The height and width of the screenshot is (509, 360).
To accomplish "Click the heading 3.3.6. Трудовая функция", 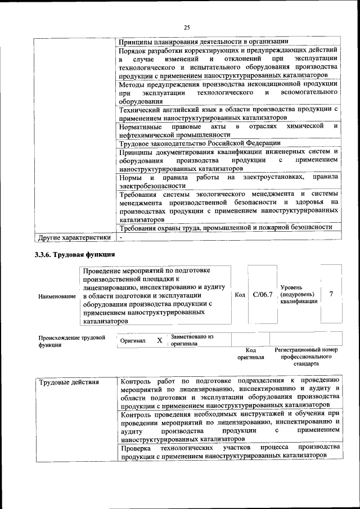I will [75, 254].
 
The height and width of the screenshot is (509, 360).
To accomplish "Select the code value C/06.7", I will [262, 294].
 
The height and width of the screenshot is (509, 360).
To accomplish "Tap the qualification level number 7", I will [331, 294].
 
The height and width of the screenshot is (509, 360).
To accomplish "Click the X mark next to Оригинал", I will [160, 340].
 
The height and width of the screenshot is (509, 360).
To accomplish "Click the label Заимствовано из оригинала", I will [192, 340].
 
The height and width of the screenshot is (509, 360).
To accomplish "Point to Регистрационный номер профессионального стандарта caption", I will [306, 357].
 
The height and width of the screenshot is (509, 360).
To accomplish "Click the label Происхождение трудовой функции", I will [72, 341].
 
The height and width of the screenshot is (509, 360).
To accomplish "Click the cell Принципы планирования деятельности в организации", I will [204, 41].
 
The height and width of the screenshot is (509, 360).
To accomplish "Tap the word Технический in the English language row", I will [138, 109].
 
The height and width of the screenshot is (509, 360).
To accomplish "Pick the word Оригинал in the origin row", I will [133, 341].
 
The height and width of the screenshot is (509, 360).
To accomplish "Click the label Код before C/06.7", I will [240, 295].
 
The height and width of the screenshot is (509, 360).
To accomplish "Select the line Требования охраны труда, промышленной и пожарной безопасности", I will [225, 227].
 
